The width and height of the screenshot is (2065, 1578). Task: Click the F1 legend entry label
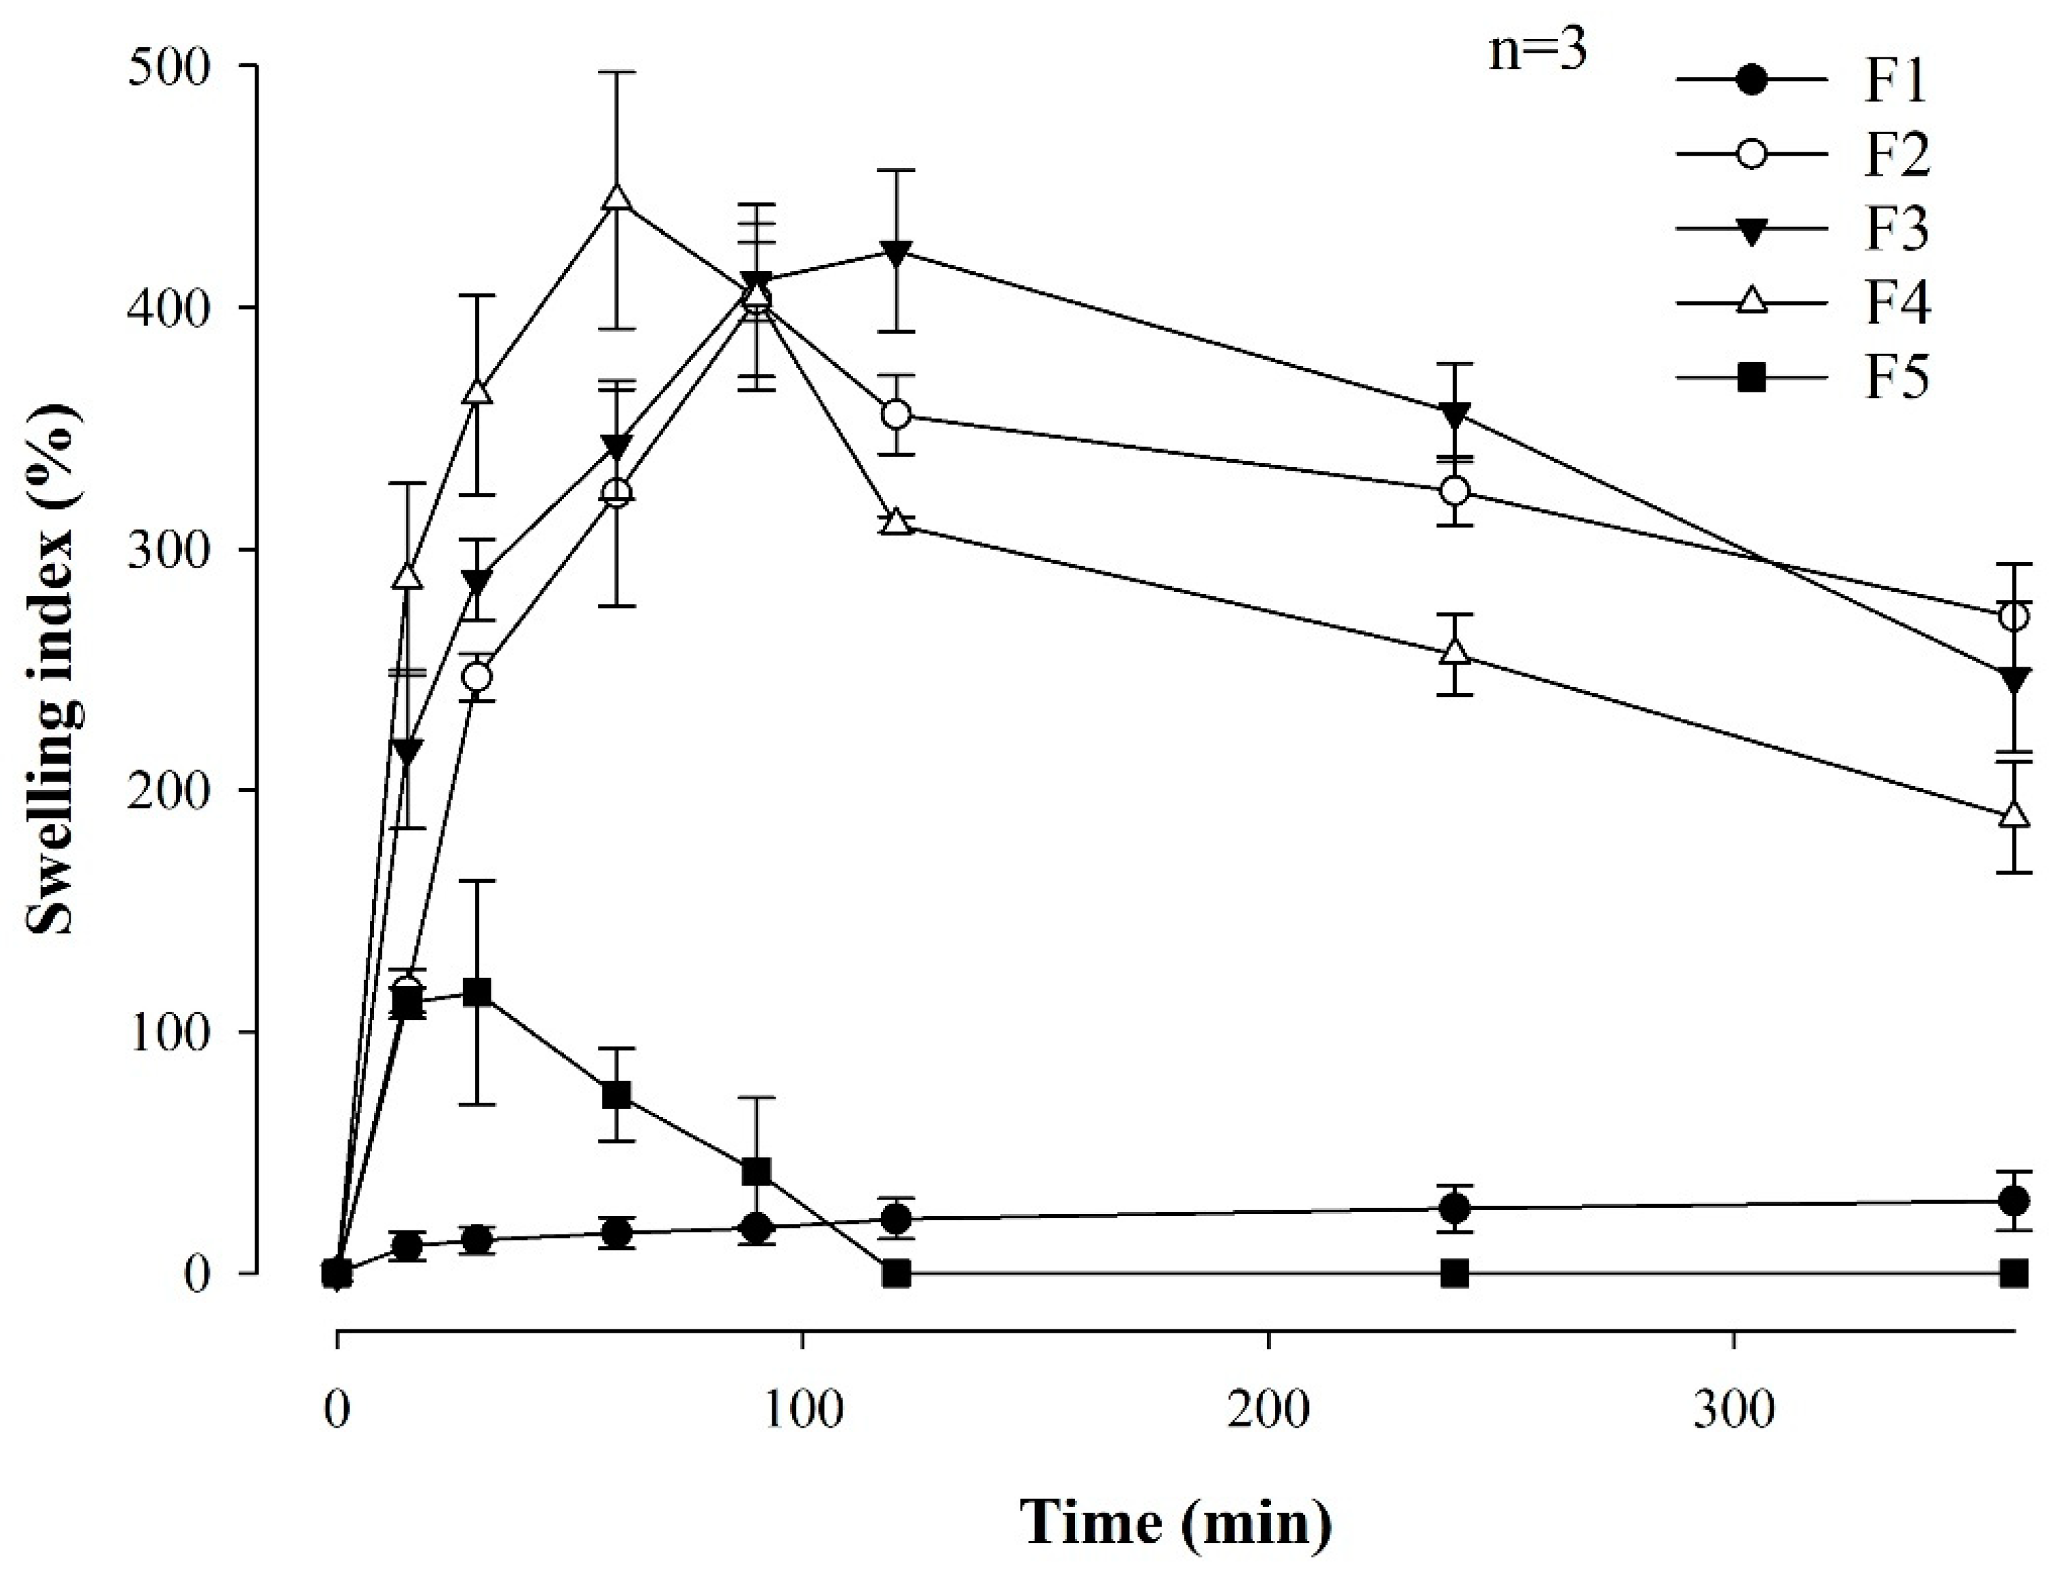(1895, 80)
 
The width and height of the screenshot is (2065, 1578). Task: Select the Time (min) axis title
(1175, 1523)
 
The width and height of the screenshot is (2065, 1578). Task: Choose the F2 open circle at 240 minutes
(1454, 491)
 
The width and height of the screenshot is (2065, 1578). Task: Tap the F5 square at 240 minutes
(1454, 1273)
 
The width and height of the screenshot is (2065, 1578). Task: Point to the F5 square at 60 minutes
(616, 1095)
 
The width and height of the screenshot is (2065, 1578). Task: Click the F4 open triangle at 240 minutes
(1454, 652)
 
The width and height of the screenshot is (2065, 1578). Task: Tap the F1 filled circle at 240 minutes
(1454, 1208)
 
